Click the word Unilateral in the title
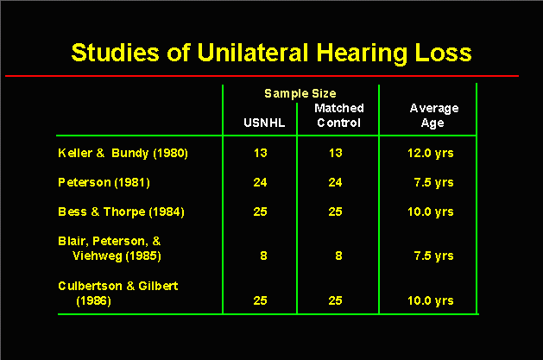click(253, 53)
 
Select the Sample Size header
click(300, 94)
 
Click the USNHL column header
click(264, 123)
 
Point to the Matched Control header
click(339, 116)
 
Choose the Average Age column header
click(434, 116)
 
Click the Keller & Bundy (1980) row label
click(123, 154)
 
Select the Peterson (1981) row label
click(104, 182)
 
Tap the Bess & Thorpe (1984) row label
click(121, 212)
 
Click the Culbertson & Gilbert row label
click(118, 293)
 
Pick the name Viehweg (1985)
click(117, 256)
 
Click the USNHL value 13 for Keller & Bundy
click(261, 153)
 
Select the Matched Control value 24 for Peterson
click(335, 182)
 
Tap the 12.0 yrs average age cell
click(431, 154)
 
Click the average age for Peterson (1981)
click(433, 183)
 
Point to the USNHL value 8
click(263, 256)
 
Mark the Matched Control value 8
click(338, 256)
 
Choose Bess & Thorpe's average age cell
click(431, 212)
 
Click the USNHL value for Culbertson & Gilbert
click(260, 300)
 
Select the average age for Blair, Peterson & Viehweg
click(433, 256)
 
